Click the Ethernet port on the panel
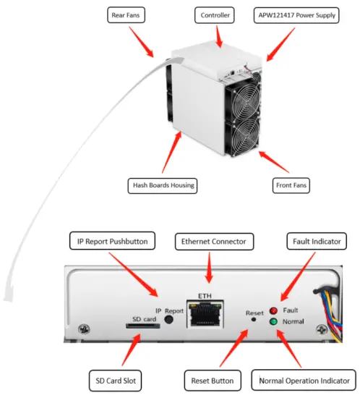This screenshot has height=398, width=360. pyautogui.click(x=205, y=316)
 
